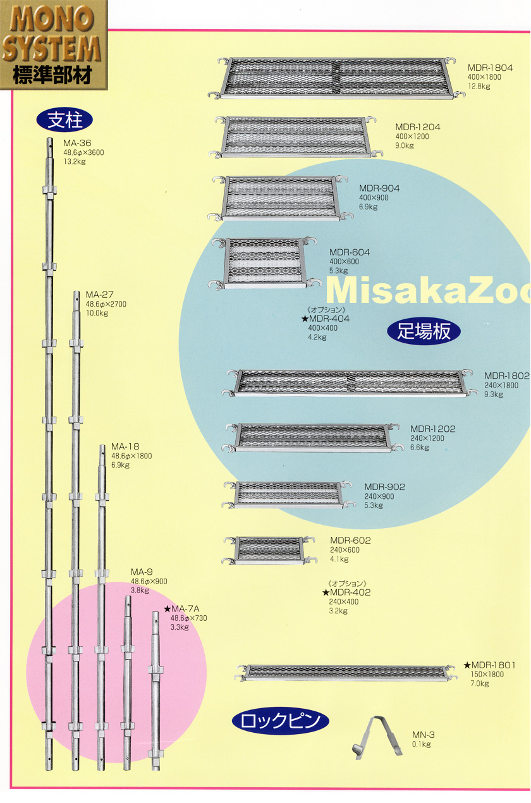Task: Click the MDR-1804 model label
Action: [490, 67]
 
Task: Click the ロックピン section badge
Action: [281, 720]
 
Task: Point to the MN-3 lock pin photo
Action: [378, 736]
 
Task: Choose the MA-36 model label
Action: [76, 143]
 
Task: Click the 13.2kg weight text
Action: [74, 161]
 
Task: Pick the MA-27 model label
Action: [99, 295]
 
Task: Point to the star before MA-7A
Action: [168, 609]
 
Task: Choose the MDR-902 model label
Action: [384, 487]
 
